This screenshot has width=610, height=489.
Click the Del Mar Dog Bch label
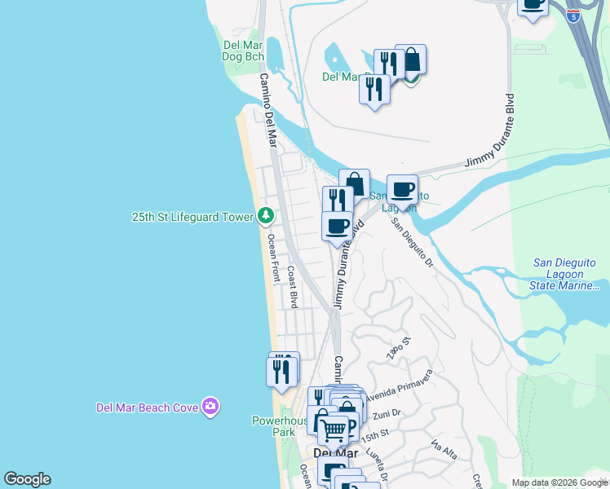243,51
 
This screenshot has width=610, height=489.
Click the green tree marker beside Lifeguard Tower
265,216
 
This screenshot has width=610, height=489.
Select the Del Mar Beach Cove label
148,407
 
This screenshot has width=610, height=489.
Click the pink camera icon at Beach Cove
211,406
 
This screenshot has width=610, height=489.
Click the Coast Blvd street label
291,289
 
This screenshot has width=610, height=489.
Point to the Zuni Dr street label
387,414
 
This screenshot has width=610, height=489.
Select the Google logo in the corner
27,479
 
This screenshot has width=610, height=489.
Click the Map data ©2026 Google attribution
559,482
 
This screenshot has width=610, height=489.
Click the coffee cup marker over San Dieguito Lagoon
402,189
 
